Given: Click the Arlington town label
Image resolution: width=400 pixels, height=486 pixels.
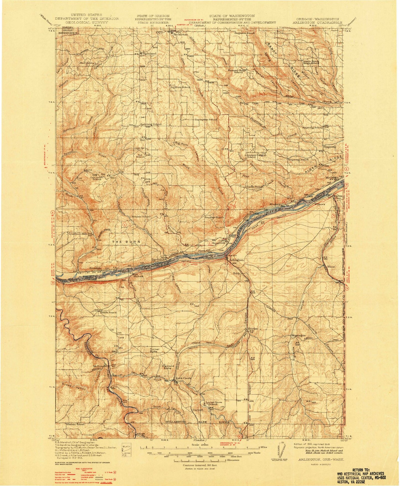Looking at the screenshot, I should click(236, 260).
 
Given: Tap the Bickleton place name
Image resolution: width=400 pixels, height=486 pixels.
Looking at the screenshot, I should click(180, 35).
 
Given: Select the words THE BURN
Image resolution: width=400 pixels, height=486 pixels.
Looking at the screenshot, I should click(126, 242).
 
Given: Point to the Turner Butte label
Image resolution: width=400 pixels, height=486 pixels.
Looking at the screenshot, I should click(154, 350).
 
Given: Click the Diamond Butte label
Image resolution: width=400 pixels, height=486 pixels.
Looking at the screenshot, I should click(168, 367).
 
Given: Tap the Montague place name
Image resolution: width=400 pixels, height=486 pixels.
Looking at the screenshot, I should click(298, 335).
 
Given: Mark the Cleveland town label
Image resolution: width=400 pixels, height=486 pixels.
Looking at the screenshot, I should click(149, 53).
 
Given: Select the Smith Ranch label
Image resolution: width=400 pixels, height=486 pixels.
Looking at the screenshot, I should click(108, 312).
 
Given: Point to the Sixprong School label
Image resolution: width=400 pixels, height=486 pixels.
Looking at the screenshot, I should click(312, 128).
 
